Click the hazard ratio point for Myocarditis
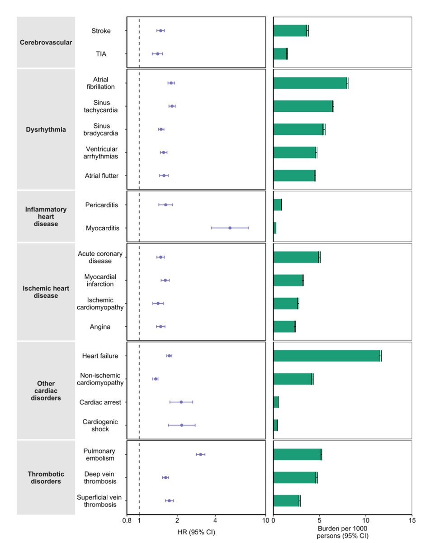(230, 228)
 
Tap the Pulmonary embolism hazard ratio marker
(200, 454)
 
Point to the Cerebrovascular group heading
(46, 43)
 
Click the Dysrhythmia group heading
(46, 129)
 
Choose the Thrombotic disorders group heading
(46, 477)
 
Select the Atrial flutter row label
(102, 176)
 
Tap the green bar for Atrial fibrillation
(310, 83)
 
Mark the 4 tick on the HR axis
(215, 520)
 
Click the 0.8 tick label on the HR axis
(127, 520)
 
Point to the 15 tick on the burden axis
(411, 520)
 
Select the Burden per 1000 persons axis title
(342, 533)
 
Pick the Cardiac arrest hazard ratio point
(181, 402)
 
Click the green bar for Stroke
(290, 31)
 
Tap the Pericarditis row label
(102, 205)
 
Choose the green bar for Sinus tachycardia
(303, 106)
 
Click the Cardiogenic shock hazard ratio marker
(182, 425)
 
